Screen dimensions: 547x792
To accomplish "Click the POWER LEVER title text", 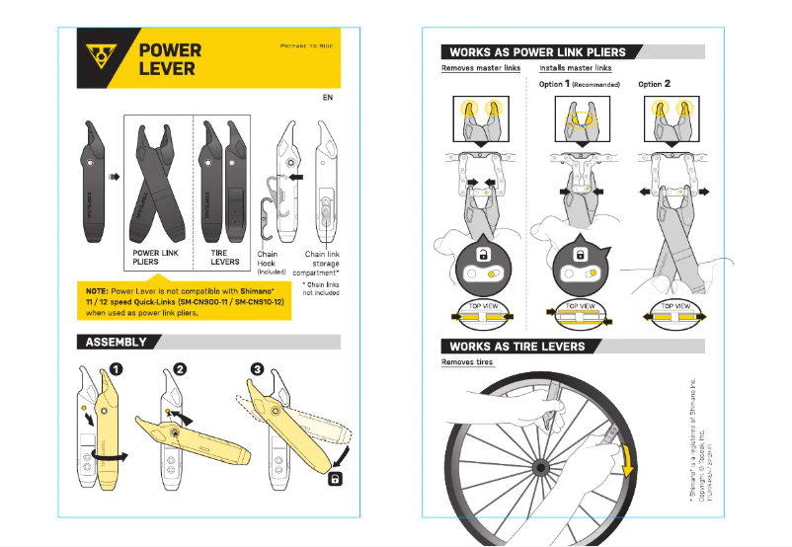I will pyautogui.click(x=169, y=59).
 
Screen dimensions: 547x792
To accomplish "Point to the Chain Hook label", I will pyautogui.click(x=268, y=259).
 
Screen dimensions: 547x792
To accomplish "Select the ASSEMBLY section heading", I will pyautogui.click(x=116, y=343).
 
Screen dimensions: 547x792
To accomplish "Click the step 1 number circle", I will pyautogui.click(x=117, y=370).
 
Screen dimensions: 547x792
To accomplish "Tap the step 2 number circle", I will pyautogui.click(x=180, y=370).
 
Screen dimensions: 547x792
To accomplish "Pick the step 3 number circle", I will pyautogui.click(x=258, y=370).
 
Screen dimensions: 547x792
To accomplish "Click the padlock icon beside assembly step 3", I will pyautogui.click(x=336, y=479).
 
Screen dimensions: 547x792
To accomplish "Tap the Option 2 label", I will pyautogui.click(x=655, y=85).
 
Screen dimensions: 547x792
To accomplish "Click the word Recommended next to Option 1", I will pyautogui.click(x=596, y=85).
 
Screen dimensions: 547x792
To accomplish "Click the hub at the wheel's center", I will pyautogui.click(x=540, y=464).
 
